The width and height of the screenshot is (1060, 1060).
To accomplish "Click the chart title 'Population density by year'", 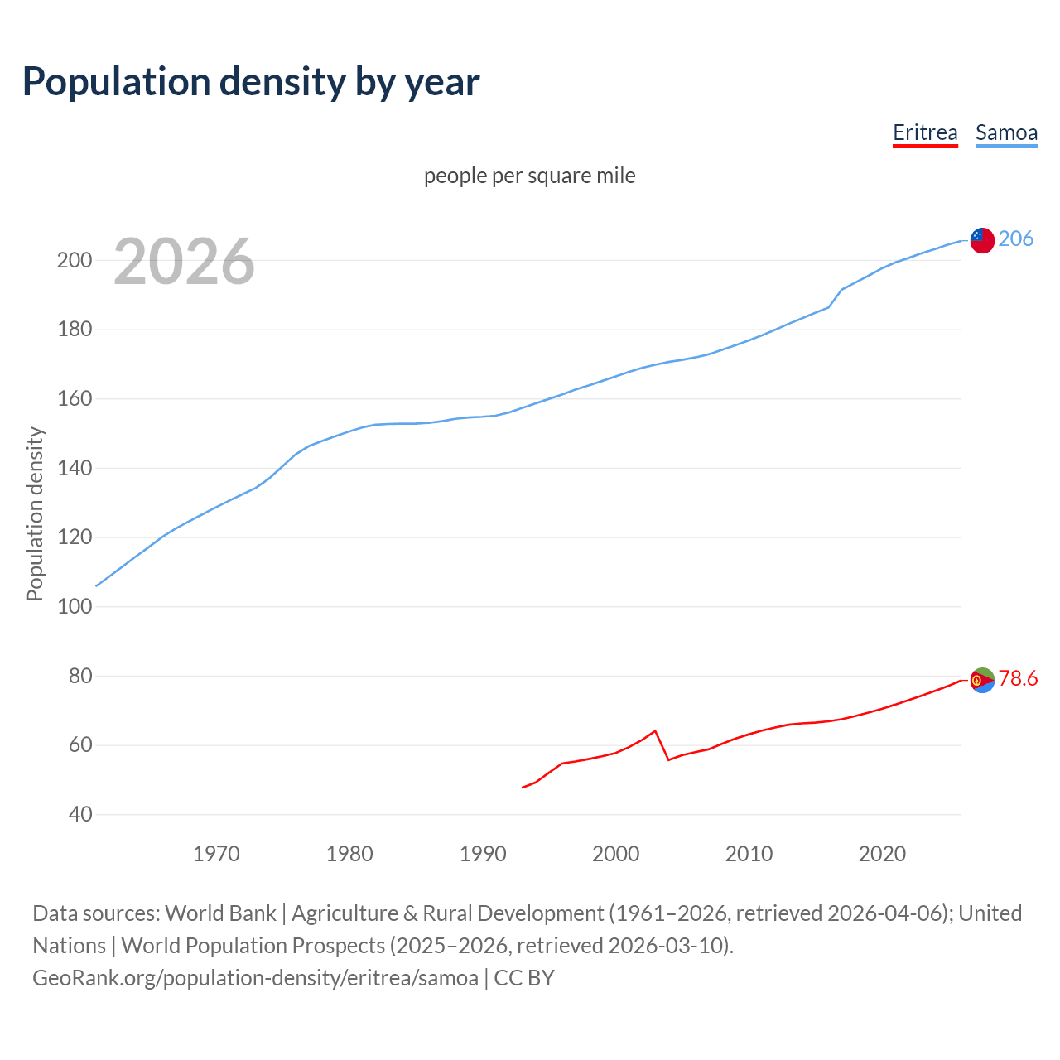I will point(251,82).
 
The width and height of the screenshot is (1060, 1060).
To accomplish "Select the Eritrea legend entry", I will point(925,132).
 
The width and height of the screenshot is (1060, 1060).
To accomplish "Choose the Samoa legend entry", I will point(1006,132).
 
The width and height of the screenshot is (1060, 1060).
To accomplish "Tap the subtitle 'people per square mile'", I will point(529,176).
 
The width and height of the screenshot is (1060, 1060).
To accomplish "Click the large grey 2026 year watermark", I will point(184,262).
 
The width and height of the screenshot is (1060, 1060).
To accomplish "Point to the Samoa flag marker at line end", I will point(982,240).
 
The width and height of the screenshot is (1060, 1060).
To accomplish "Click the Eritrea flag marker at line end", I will point(982,680).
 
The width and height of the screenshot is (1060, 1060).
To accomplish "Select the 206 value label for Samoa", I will point(1015,238).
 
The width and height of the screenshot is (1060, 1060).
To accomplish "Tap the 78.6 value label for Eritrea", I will point(1018,679).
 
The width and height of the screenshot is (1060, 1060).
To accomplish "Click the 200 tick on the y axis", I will point(74,260).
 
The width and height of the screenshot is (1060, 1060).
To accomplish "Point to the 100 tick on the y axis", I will point(74,606).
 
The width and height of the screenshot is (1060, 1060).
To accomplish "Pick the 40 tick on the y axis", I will point(79,814).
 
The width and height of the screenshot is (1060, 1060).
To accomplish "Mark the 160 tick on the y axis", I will point(74,398).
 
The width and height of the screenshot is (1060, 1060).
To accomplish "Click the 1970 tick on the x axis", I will point(216,854).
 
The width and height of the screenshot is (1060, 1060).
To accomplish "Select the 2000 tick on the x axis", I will point(615,854).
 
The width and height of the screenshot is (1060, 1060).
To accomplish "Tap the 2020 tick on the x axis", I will point(882,854).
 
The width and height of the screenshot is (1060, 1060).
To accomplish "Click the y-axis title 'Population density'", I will point(35,513).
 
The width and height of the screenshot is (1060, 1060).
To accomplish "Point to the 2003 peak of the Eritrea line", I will point(655,730).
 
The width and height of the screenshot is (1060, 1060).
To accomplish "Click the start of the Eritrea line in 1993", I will point(523,788).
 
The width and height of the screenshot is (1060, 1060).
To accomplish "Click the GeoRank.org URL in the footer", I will point(255,978).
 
